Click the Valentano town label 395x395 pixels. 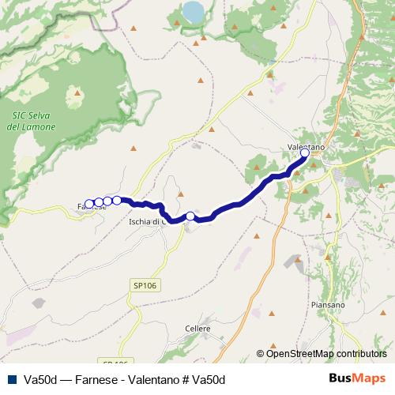(x=303, y=147)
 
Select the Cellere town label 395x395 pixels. (x=197, y=327)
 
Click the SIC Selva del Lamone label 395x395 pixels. (x=30, y=122)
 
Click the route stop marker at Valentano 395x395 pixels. (x=305, y=153)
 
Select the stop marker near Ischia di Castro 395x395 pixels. (x=190, y=216)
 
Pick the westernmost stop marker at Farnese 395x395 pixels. (x=89, y=204)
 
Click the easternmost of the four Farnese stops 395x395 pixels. (x=116, y=200)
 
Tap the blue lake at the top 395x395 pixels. (x=193, y=11)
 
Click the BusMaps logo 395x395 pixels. (x=357, y=378)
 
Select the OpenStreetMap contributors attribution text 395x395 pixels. (x=325, y=353)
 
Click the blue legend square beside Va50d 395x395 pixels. (x=12, y=379)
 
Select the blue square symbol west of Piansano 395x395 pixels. (x=298, y=258)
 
